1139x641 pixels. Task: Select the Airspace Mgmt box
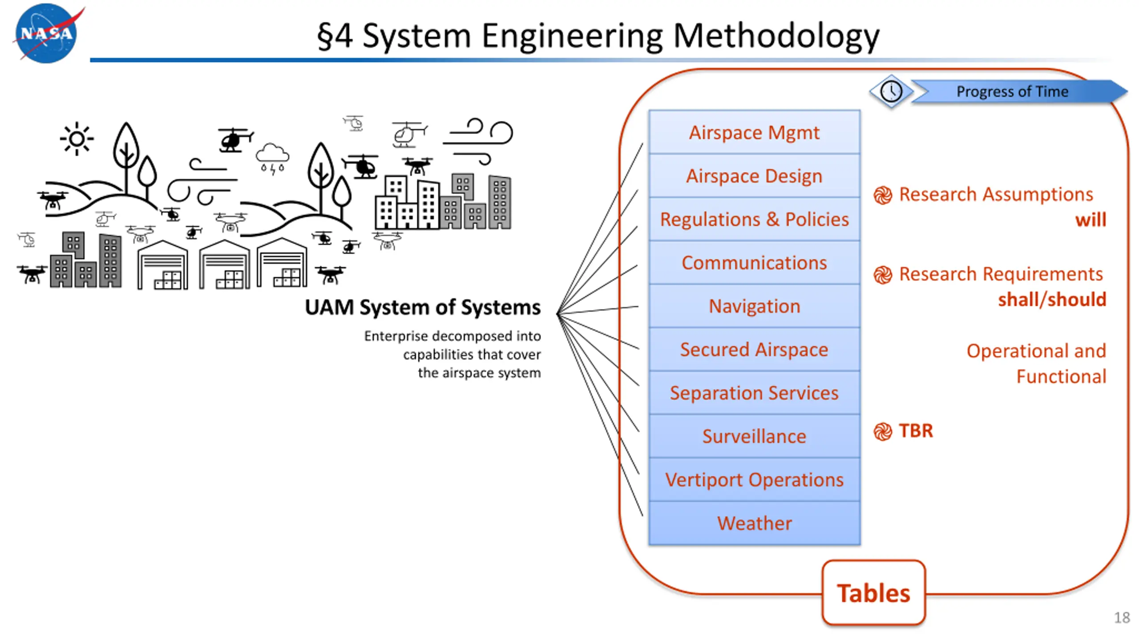[754, 132]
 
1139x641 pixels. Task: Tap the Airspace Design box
[754, 176]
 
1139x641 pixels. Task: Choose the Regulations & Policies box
[754, 219]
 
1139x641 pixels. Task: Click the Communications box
[754, 263]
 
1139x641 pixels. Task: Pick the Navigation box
[754, 306]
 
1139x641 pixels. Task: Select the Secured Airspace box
[754, 349]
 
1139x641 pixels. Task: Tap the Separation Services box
[754, 393]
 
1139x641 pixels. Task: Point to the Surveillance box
[754, 436]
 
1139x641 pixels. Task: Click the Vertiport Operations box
[754, 479]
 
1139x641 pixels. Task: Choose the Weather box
[754, 523]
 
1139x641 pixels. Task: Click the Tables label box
[873, 593]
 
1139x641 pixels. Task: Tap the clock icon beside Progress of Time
[891, 92]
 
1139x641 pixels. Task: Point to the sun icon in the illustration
[77, 139]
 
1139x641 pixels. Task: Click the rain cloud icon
[272, 158]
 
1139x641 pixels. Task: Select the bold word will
[1091, 220]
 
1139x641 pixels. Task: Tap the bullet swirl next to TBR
[883, 431]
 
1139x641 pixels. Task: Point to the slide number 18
[1122, 618]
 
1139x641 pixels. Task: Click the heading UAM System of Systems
[423, 307]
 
